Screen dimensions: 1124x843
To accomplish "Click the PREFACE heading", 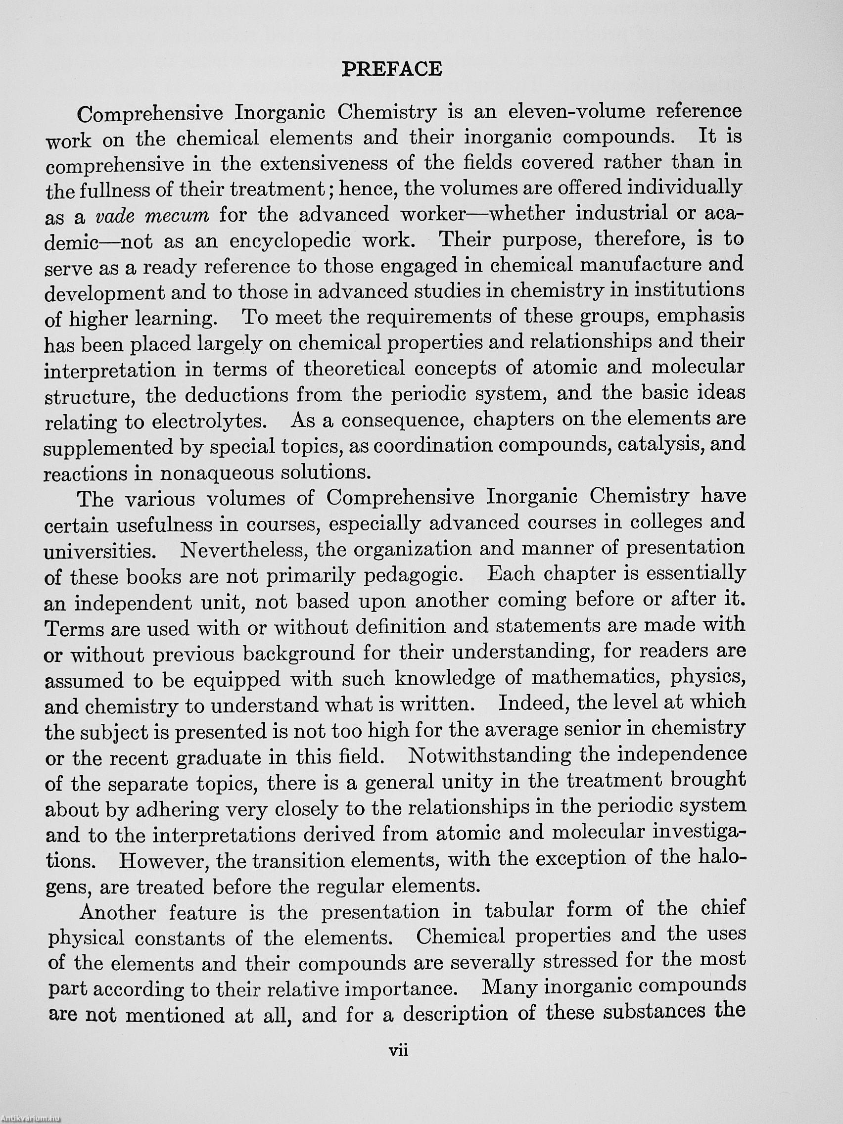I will point(391,69).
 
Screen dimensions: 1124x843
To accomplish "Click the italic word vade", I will point(114,216).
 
